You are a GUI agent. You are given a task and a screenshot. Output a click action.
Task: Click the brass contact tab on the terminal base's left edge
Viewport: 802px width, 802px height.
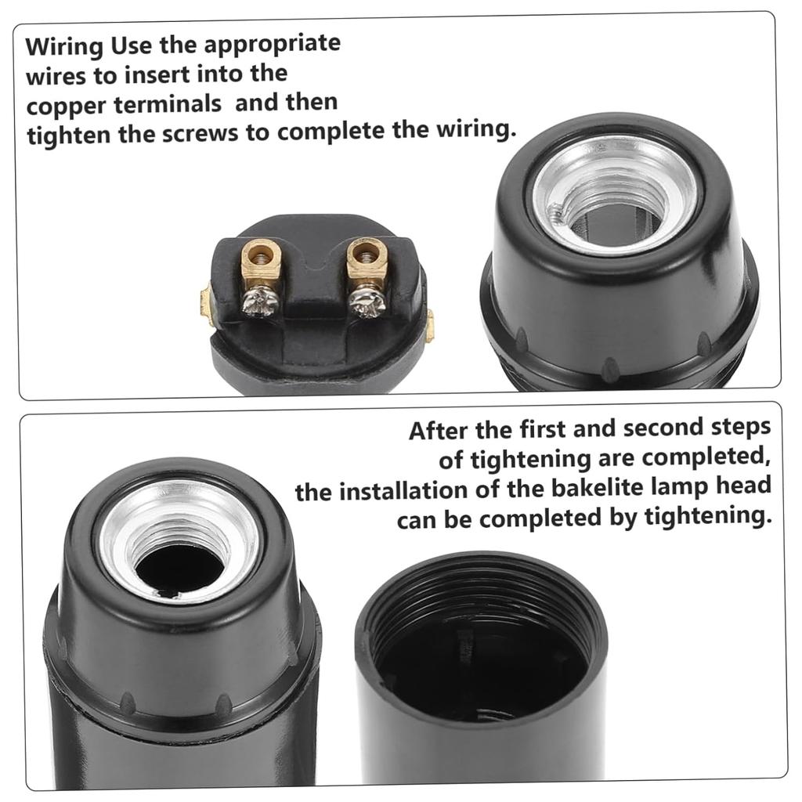click(x=205, y=303)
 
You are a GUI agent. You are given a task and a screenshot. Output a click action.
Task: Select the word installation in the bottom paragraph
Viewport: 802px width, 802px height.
click(x=405, y=492)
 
